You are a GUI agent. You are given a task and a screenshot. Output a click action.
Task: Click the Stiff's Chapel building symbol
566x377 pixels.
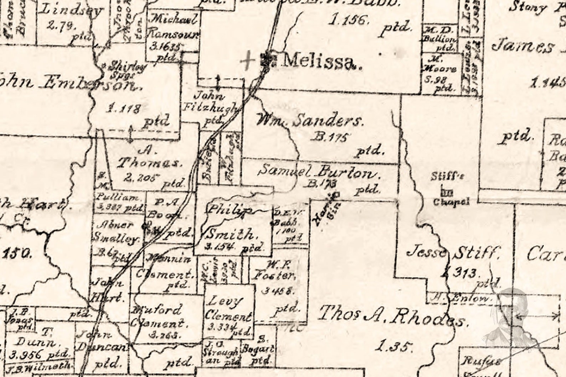(446, 193)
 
